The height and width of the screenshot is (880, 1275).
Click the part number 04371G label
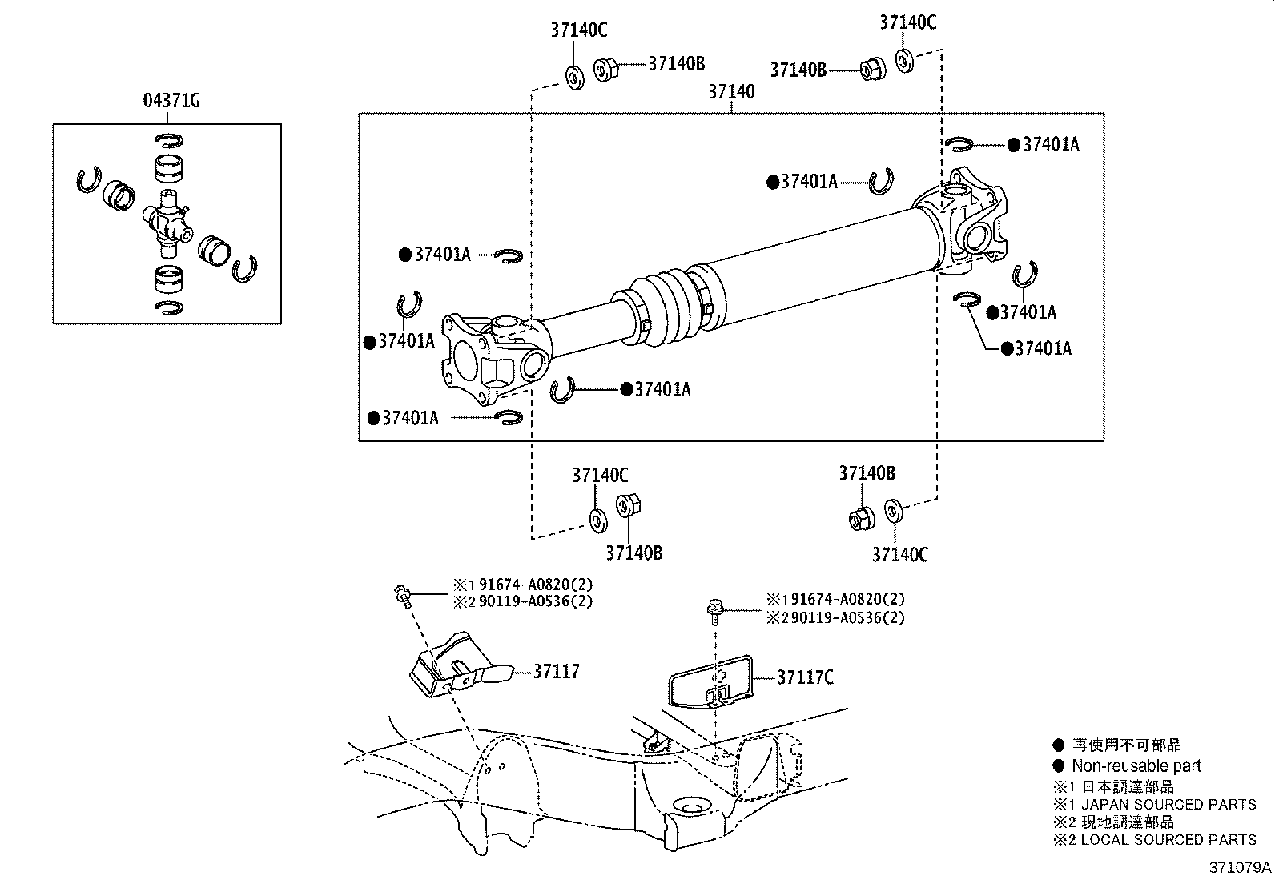[171, 101]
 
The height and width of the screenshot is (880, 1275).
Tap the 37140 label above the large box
[731, 91]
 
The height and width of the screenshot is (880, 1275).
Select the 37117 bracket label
[556, 672]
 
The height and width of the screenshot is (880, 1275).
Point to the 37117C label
[806, 677]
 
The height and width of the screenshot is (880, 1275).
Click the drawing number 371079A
[1240, 867]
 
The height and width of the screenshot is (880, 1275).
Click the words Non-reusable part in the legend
[1136, 765]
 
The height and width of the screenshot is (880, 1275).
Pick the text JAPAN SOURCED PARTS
[1168, 804]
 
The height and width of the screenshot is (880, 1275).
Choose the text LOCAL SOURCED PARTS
[1168, 840]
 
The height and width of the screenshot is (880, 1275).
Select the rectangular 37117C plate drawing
[710, 682]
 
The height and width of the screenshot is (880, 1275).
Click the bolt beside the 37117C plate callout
[714, 610]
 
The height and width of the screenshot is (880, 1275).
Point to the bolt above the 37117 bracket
[402, 596]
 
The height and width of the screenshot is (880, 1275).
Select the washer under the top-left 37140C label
[575, 78]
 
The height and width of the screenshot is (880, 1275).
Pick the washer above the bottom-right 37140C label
[894, 511]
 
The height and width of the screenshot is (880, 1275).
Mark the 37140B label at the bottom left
[633, 553]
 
